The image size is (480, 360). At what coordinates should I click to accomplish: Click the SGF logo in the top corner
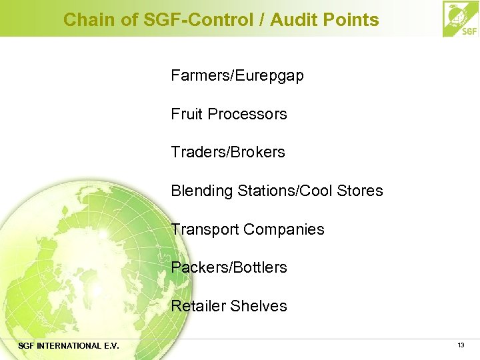point(461,19)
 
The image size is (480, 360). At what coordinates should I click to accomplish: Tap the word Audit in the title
point(291,20)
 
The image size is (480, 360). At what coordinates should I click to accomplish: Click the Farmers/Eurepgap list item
point(237,76)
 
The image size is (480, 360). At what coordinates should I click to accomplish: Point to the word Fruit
point(187,114)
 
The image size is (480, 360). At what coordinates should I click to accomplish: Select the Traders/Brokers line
point(227,152)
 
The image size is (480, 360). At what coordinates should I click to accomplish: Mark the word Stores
point(361,191)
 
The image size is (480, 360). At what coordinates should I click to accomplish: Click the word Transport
point(205,229)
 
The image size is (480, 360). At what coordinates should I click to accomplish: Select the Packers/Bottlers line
point(229,267)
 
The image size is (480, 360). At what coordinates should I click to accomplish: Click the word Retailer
point(197,306)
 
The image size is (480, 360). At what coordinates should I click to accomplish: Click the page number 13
point(461,345)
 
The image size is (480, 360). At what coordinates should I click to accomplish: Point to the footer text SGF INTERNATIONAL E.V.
point(69,346)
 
